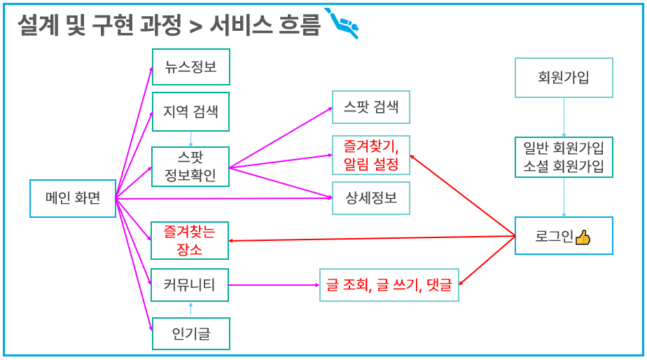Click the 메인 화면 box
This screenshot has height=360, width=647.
[x=73, y=198]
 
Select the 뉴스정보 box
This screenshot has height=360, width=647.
[x=190, y=67]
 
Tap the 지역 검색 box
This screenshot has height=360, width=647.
[x=190, y=111]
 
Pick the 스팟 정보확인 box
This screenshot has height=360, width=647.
[x=190, y=167]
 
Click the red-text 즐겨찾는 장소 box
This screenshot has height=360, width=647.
[x=190, y=240]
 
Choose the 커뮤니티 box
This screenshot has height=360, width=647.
[x=190, y=285]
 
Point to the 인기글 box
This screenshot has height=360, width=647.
[x=190, y=334]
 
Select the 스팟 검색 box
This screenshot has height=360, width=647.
[x=371, y=107]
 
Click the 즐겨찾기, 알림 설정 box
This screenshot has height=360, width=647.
[x=371, y=155]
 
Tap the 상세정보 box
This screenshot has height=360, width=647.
[x=371, y=198]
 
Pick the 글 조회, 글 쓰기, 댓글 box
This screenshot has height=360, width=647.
[x=389, y=285]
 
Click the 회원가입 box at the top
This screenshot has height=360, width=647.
[x=564, y=77]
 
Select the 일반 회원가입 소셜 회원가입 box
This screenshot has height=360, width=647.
[x=564, y=158]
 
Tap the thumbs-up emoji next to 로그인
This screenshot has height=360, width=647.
[x=583, y=237]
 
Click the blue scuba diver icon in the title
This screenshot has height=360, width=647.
[x=342, y=24]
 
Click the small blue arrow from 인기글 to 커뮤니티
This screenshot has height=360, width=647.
[x=190, y=310]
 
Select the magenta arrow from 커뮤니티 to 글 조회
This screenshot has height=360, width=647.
[x=273, y=285]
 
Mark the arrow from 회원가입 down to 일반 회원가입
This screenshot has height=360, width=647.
[x=564, y=117]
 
